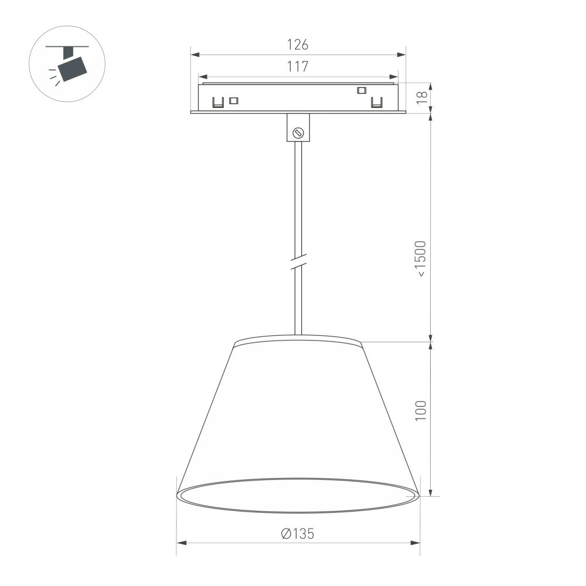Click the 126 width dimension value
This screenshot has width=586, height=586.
[298, 45]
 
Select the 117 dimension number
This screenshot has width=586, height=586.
[298, 67]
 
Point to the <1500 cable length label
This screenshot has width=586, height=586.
[422, 258]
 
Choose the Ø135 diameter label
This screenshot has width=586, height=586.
[298, 533]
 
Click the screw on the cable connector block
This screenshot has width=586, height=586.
[298, 133]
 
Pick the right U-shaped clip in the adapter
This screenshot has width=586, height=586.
[377, 103]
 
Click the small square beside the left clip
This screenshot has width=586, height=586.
[234, 100]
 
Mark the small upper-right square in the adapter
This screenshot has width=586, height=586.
[362, 90]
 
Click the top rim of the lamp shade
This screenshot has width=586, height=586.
[298, 339]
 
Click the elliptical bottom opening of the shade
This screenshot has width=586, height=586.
[298, 495]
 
